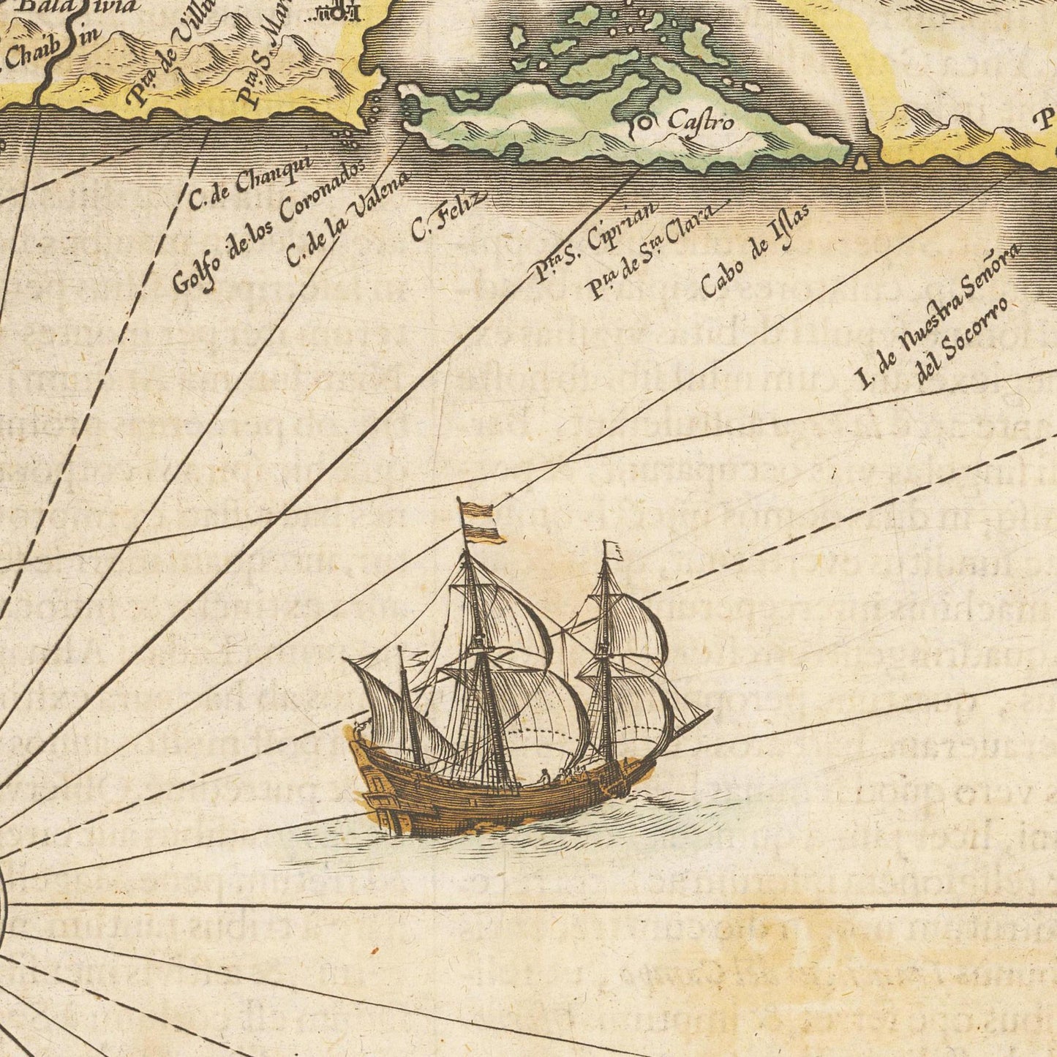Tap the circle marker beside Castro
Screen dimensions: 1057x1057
point(644,123)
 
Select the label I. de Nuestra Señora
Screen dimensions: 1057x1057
point(940,315)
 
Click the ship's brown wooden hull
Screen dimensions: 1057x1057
point(483,801)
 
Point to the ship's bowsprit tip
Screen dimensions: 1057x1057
point(710,711)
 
